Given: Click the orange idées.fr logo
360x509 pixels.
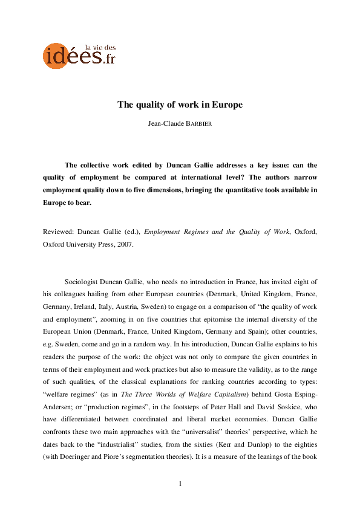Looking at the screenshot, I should [x=78, y=55].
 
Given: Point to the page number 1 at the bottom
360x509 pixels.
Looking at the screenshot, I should [x=180, y=484].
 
